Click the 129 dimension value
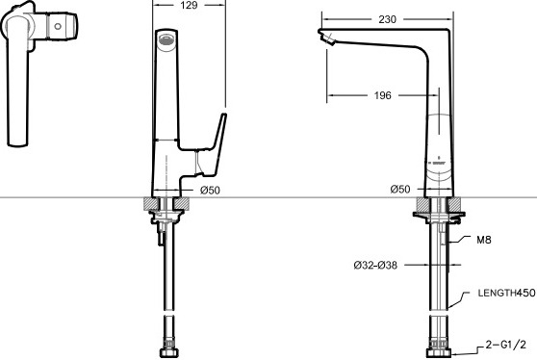(x=189, y=5)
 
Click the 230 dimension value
(x=387, y=19)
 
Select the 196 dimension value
(x=383, y=95)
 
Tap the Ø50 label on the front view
(x=211, y=190)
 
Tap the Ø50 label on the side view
(x=400, y=189)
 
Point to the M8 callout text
(x=483, y=240)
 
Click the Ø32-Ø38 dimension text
(x=375, y=265)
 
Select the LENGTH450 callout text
(x=506, y=293)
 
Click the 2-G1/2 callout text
(x=505, y=345)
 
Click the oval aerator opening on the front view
(x=166, y=40)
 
